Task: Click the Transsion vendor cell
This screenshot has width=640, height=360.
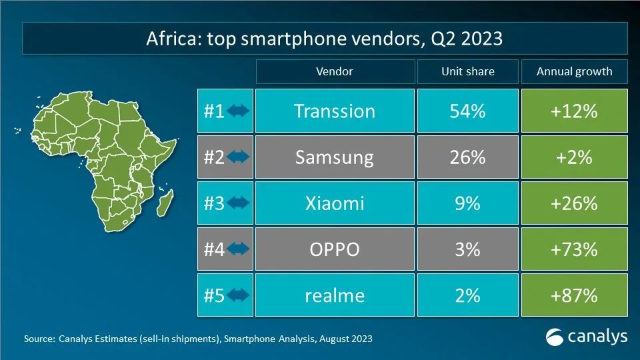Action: [x=334, y=111]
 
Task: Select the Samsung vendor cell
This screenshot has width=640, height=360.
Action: [x=334, y=157]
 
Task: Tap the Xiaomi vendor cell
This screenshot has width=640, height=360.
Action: [x=334, y=203]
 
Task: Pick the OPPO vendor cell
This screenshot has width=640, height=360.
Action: [x=334, y=249]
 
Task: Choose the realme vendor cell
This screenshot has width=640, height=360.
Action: [x=334, y=295]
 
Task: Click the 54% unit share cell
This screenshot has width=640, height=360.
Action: [x=467, y=111]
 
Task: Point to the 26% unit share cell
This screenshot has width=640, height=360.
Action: [x=467, y=157]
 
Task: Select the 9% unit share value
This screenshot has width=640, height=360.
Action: [x=467, y=203]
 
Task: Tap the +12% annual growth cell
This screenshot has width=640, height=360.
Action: [x=573, y=111]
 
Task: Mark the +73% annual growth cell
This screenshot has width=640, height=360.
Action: [x=573, y=249]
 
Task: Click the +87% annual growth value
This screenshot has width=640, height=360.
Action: [x=573, y=295]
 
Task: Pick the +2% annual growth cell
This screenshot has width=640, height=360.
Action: [x=573, y=157]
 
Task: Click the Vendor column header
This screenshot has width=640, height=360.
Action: [x=334, y=71]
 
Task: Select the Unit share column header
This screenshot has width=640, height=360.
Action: [x=467, y=71]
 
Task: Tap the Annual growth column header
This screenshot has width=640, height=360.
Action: [x=573, y=71]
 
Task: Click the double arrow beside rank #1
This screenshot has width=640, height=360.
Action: [x=238, y=111]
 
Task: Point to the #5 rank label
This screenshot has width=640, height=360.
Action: [x=213, y=295]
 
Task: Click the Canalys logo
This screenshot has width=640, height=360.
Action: [x=586, y=337]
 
